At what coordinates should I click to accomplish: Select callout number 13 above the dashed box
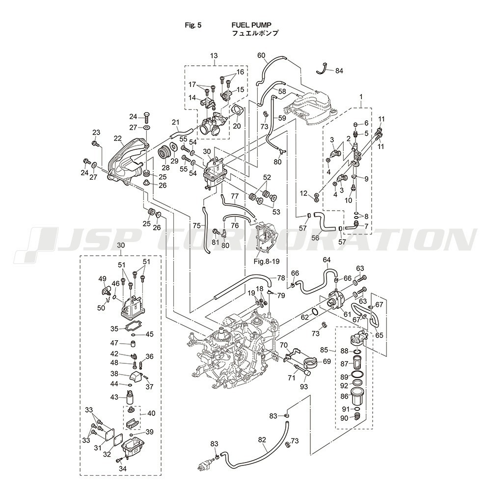coord(214,56)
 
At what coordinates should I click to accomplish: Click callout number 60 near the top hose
coord(261,55)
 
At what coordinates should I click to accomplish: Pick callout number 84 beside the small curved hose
coord(339,71)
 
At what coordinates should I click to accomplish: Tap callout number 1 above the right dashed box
coord(361,98)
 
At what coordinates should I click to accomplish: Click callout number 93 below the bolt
coord(304,386)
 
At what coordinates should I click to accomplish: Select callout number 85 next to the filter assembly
coord(324,350)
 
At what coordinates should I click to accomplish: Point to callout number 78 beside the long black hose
coord(280,278)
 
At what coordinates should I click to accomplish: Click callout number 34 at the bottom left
coord(122,469)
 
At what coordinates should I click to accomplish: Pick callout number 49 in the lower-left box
coord(103,279)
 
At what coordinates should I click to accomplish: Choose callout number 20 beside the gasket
coord(237,126)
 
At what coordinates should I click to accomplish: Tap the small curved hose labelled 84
coord(323,68)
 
